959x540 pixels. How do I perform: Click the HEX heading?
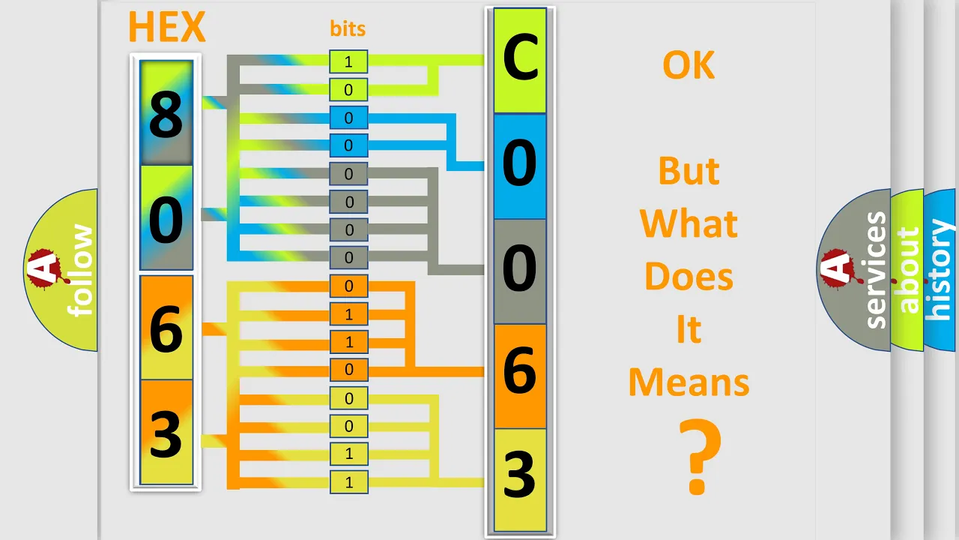click(x=167, y=27)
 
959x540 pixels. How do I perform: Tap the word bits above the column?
click(x=348, y=28)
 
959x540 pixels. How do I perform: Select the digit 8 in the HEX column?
click(x=166, y=115)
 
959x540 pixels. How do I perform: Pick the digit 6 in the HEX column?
click(x=166, y=328)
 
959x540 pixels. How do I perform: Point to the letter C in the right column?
click(x=520, y=58)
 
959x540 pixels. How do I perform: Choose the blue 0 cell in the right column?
click(x=520, y=166)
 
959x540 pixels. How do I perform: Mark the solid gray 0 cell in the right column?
click(x=520, y=271)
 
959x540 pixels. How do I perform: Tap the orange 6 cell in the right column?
click(x=520, y=376)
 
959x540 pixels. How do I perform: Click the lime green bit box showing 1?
click(x=348, y=61)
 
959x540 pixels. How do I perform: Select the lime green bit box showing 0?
click(x=348, y=89)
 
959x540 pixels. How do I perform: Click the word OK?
click(x=689, y=65)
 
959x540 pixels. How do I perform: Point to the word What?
click(x=689, y=223)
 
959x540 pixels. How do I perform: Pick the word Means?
click(x=689, y=382)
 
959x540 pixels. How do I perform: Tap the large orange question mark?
click(x=700, y=457)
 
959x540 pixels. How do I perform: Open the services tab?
click(x=854, y=270)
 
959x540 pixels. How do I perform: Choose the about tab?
click(x=907, y=270)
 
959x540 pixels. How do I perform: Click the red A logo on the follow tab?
click(x=46, y=268)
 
